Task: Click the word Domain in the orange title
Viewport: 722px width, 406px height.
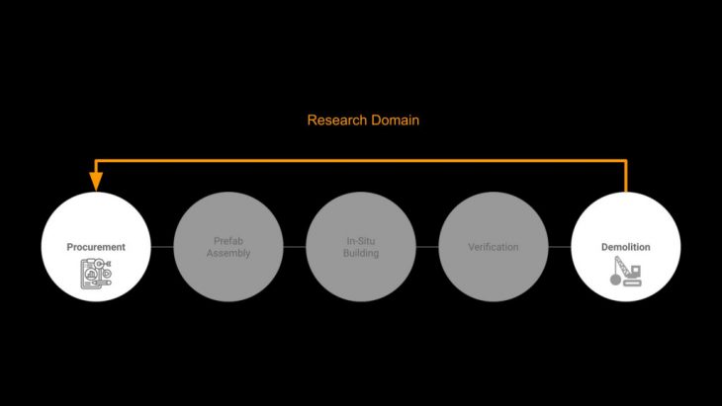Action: [393, 121]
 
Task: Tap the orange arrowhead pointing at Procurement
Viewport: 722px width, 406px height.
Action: [96, 181]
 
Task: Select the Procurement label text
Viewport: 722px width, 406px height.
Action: [96, 246]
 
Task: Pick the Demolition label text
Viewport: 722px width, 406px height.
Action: [626, 246]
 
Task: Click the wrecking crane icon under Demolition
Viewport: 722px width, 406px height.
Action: [626, 272]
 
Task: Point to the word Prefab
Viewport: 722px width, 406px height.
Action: [228, 240]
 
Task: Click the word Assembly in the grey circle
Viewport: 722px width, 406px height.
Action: [228, 253]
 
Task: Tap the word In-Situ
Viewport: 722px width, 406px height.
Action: [361, 240]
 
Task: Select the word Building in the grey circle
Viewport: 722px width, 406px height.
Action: [361, 253]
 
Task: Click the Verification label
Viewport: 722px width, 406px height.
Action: [494, 246]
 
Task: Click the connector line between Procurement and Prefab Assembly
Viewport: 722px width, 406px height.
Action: [162, 246]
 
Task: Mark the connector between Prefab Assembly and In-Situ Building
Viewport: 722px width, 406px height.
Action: [295, 246]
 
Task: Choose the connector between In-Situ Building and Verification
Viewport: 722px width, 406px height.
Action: [427, 246]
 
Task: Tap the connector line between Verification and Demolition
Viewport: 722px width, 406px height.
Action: [560, 246]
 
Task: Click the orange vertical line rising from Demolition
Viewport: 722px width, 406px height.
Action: [626, 175]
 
